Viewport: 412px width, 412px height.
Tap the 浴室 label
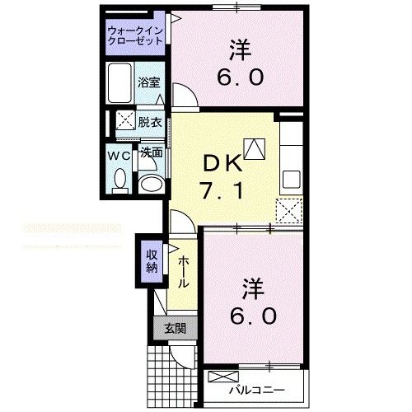(x=149, y=83)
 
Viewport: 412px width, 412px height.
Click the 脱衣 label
(x=149, y=121)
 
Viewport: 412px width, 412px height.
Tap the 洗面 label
(x=150, y=152)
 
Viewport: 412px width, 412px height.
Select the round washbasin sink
(x=149, y=183)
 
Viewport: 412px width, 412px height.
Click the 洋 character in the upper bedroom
(x=240, y=49)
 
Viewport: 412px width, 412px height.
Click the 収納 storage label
(x=152, y=260)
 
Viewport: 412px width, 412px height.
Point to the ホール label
(x=184, y=269)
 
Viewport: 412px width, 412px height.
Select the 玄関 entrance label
(x=174, y=329)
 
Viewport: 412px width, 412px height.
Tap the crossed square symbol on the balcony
(x=221, y=378)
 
